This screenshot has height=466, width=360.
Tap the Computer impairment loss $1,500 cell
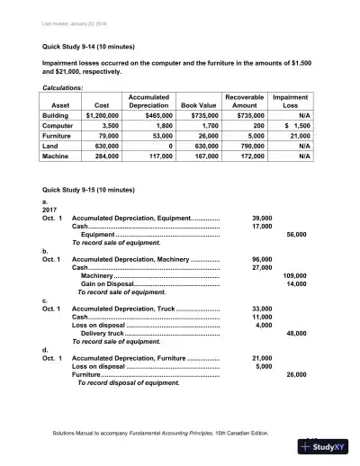coord(295,129)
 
